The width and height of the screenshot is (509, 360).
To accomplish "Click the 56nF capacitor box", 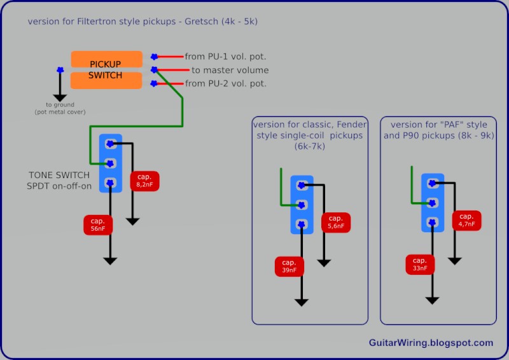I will [97, 225].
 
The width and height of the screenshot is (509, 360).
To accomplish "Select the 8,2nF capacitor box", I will [144, 181].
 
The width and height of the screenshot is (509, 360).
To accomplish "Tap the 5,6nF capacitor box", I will [336, 222].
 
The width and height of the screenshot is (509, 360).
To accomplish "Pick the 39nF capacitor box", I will [289, 267].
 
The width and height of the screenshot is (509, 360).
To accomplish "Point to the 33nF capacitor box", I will [419, 265].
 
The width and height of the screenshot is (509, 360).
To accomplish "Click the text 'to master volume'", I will [230, 70].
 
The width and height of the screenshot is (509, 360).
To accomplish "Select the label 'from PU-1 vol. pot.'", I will [225, 57].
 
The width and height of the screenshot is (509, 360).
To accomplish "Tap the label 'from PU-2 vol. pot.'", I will [225, 83].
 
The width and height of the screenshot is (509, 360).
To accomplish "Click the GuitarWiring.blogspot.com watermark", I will [431, 343].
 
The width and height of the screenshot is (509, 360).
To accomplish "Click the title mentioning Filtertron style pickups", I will [143, 22].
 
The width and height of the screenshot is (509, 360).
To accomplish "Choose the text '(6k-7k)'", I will [310, 146].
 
